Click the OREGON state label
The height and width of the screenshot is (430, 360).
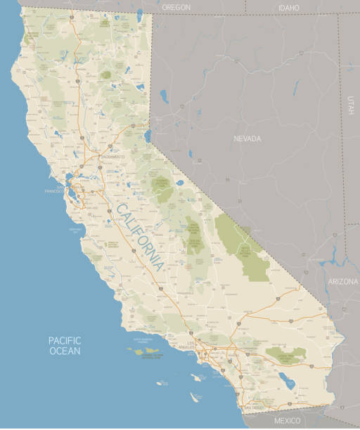(176, 7)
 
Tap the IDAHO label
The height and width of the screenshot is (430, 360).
(288, 8)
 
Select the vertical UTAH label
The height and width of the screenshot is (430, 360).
(349, 105)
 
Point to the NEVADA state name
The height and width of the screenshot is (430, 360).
(247, 139)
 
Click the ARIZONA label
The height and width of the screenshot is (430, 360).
(342, 281)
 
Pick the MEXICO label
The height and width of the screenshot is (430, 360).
(287, 420)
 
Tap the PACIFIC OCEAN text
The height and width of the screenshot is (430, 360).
(65, 345)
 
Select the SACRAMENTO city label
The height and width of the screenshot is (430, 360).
(112, 156)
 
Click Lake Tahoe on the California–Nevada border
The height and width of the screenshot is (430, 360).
(148, 134)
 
